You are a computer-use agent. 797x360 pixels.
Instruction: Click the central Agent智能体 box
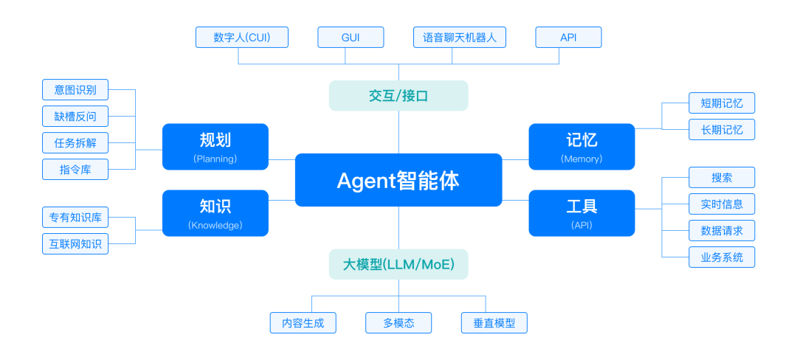point(398,180)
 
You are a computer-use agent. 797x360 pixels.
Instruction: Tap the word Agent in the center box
point(364,181)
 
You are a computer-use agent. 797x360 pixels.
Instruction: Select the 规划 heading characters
point(215,140)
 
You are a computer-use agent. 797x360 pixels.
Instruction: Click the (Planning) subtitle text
point(215,159)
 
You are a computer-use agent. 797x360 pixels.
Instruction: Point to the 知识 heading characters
point(215,206)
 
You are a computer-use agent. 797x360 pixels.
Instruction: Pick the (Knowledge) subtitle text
point(215,225)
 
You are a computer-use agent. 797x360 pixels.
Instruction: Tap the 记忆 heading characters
point(582,140)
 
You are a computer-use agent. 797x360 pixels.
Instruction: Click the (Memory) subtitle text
point(582,159)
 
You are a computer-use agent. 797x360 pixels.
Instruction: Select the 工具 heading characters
point(582,206)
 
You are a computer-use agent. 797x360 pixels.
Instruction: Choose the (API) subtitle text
point(582,225)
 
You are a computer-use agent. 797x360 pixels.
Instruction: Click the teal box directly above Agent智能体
point(398,95)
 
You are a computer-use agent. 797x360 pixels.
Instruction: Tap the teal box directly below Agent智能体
point(398,264)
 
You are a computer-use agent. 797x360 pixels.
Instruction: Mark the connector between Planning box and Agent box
point(281,159)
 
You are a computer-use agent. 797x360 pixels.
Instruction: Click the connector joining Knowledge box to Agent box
point(281,200)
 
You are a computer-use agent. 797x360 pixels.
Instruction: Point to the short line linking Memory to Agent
point(515,159)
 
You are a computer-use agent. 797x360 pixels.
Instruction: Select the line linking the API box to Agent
point(515,200)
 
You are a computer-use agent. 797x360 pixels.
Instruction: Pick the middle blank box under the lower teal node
point(398,322)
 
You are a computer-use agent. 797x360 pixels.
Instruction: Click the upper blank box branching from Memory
point(722,103)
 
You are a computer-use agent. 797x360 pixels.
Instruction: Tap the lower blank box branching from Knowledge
point(75,243)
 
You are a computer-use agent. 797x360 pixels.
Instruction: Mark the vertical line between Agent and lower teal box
point(398,228)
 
